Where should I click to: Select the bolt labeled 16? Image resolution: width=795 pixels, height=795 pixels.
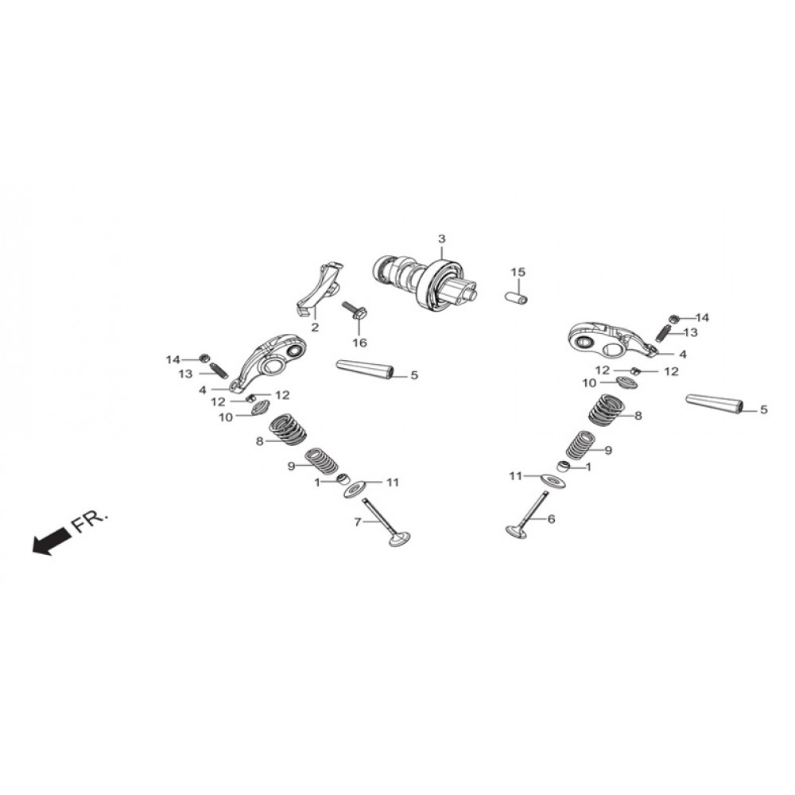pyautogui.click(x=355, y=312)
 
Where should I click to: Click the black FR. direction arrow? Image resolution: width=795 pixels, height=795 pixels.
pyautogui.click(x=51, y=541)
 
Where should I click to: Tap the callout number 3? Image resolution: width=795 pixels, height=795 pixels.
pyautogui.click(x=441, y=238)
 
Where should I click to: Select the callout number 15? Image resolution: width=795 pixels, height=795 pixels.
pyautogui.click(x=518, y=272)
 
